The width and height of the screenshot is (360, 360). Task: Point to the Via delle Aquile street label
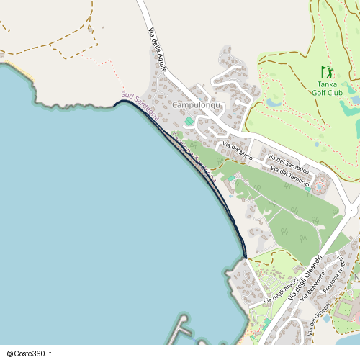pos(157,50)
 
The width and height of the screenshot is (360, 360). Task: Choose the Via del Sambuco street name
pos(288,163)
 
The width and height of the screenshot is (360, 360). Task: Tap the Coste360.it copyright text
pos(27,354)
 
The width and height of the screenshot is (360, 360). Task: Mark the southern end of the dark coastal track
pos(246,257)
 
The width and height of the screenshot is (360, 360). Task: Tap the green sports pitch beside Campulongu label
pos(189,121)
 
